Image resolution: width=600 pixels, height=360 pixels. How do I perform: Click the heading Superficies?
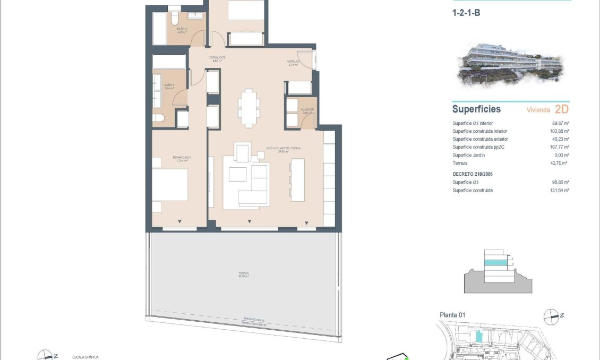(x=476, y=109)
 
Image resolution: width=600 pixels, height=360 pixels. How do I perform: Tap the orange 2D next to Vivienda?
(x=561, y=109)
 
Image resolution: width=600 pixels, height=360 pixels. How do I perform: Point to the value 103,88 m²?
(x=558, y=131)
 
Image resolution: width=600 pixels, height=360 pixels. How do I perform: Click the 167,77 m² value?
(x=558, y=147)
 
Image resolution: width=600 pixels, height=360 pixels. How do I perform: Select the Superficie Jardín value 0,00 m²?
(x=560, y=155)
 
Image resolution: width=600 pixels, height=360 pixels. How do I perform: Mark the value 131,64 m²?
(x=558, y=190)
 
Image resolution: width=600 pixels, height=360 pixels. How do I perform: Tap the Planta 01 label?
(x=452, y=315)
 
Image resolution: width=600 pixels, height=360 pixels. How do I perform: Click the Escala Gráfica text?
(x=85, y=357)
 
